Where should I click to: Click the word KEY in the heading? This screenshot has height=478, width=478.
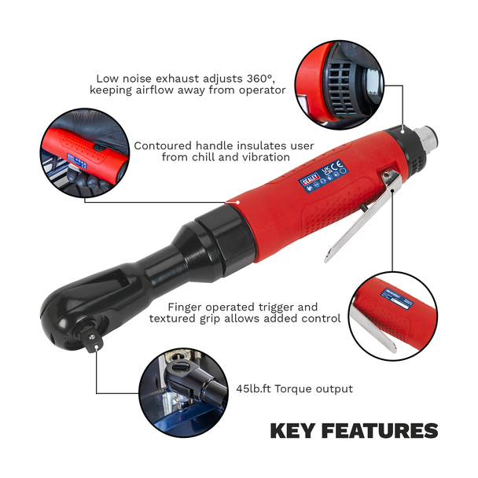[292, 431]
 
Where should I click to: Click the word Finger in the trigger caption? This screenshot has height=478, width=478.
[186, 307]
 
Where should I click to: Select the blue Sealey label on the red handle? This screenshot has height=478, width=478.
[324, 176]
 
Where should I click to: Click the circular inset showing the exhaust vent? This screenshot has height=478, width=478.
[340, 86]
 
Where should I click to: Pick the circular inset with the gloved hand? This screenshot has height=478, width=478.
[85, 153]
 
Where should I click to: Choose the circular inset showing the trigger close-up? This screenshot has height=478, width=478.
[393, 316]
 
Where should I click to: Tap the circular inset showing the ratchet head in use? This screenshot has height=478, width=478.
[184, 393]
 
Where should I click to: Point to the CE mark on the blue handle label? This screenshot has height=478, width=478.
[336, 166]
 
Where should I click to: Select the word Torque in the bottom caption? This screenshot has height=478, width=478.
[293, 389]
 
